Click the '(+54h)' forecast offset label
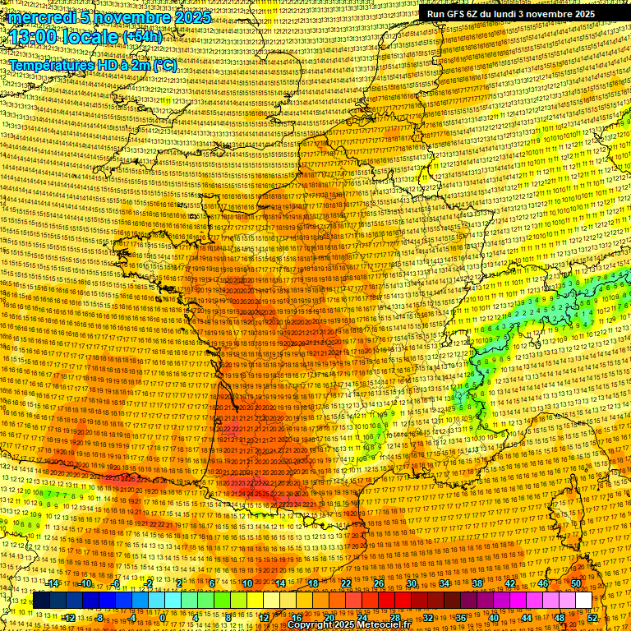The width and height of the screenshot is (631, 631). pos(142,37)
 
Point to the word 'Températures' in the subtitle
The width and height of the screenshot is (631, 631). pos(51,65)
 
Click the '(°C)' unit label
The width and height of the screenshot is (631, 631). pos(164,65)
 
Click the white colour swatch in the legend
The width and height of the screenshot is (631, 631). pos(583,601)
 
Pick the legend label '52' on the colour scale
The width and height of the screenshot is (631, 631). pos(592,618)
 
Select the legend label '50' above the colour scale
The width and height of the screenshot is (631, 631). pos(576,583)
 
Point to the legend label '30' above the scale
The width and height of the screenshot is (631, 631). pos(412,583)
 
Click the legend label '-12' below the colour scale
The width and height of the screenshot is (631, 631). pos(69,618)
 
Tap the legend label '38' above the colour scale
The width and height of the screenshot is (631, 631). pos(477,583)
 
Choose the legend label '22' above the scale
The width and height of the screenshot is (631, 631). pos(346,583)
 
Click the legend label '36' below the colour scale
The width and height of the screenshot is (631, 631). pos(461,618)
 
